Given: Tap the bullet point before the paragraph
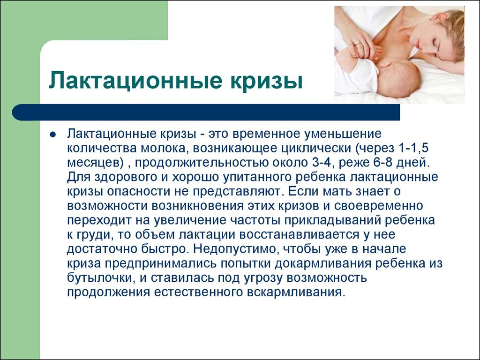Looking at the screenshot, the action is [x=52, y=135].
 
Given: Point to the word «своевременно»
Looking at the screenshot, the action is [x=378, y=206].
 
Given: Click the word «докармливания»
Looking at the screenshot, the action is [x=324, y=263].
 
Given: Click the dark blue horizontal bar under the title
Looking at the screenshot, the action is [x=206, y=112].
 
